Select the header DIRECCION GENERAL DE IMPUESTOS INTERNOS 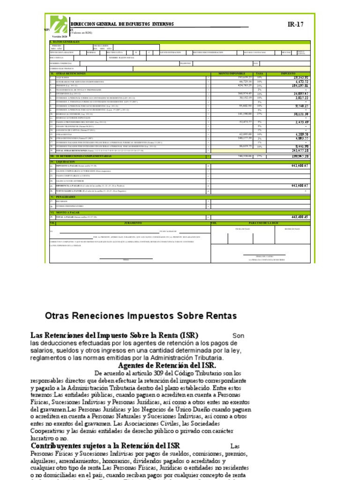122,24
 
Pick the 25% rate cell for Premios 259,86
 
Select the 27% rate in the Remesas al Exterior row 259,114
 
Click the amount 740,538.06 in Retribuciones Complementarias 242,156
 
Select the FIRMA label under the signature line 126,259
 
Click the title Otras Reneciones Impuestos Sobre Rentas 141,316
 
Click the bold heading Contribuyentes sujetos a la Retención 105,445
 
